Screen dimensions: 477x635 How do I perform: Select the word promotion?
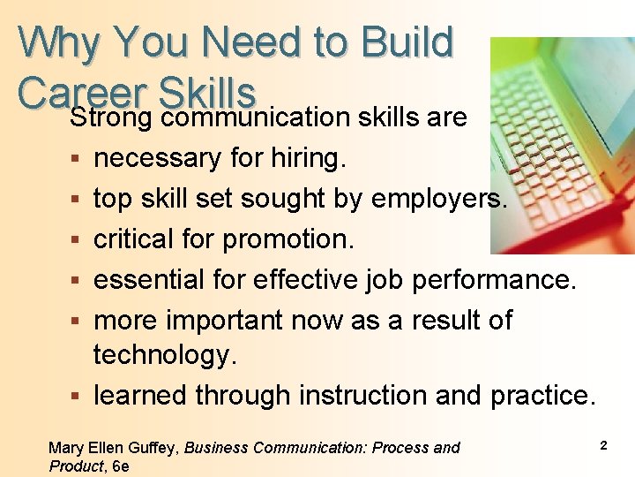point(288,239)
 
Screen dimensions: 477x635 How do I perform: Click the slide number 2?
point(603,445)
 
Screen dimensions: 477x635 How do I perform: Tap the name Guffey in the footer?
point(155,448)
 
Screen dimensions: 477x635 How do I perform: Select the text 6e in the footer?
point(120,466)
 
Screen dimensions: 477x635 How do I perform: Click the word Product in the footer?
point(75,466)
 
